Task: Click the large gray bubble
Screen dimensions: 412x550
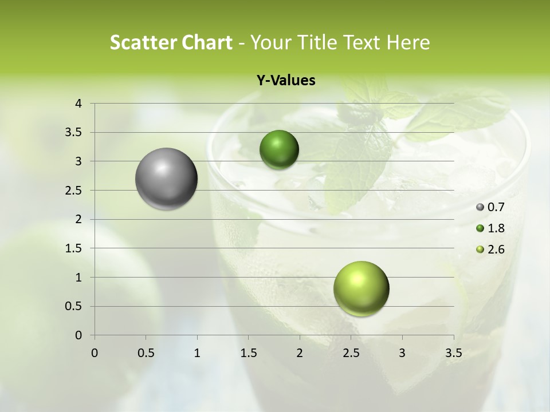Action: point(166,179)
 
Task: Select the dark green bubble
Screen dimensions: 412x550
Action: point(279,149)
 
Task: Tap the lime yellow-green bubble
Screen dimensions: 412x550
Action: point(361,288)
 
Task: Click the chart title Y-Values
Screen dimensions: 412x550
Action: point(285,81)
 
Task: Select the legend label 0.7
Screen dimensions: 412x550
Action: point(496,207)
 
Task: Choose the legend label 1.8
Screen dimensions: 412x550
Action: point(496,228)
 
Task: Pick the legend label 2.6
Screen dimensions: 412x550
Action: point(496,249)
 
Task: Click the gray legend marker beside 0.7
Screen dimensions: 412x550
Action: point(480,207)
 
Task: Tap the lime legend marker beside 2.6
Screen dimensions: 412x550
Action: point(480,249)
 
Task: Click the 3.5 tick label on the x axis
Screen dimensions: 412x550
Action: point(454,353)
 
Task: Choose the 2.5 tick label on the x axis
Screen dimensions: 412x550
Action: point(351,353)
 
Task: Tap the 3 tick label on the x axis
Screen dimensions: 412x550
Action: point(402,353)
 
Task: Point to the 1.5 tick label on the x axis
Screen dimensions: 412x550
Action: point(249,353)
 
